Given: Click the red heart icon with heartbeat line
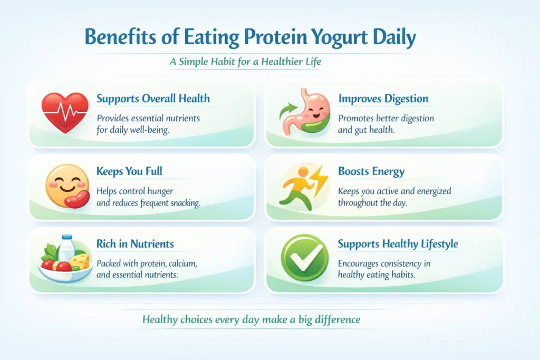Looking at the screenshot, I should (x=65, y=112).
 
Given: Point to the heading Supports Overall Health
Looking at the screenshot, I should (x=153, y=99).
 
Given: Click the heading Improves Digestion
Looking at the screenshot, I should (x=383, y=99).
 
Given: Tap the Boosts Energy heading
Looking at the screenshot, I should (x=371, y=171).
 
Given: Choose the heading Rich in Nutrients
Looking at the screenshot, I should (x=135, y=244).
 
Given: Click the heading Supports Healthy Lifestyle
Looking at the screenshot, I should (x=398, y=244).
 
